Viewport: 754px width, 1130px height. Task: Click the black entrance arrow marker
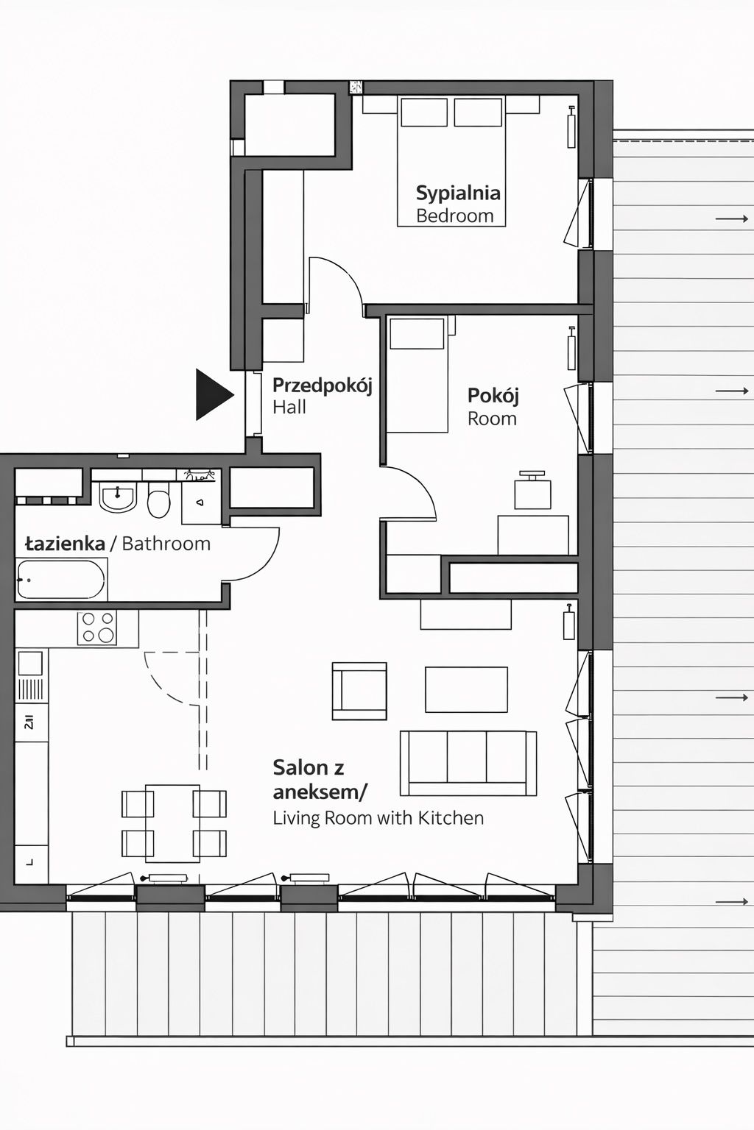212,395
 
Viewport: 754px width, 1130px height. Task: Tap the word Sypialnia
458,193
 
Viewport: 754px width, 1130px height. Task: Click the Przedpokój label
322,385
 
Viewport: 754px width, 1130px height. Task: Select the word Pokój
493,395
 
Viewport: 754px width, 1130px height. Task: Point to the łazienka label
65,544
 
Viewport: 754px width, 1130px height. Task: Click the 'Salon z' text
308,767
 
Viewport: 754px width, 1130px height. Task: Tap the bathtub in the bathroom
62,580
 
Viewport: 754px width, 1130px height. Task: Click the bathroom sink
118,497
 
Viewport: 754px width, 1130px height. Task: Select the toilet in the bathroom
159,502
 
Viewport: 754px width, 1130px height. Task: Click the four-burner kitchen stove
98,628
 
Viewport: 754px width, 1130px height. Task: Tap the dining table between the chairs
173,823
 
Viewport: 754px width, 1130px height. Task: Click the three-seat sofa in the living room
468,764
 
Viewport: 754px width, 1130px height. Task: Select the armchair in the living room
359,691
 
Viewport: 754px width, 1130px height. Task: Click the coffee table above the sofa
466,689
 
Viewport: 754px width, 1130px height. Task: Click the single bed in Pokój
417,375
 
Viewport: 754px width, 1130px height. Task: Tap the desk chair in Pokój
532,491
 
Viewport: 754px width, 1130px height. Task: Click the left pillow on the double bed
424,113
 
